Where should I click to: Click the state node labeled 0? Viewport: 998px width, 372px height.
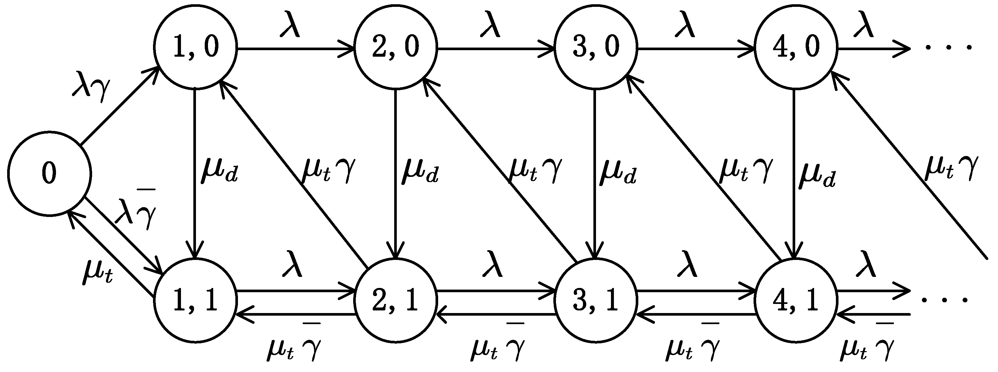pos(49,173)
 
